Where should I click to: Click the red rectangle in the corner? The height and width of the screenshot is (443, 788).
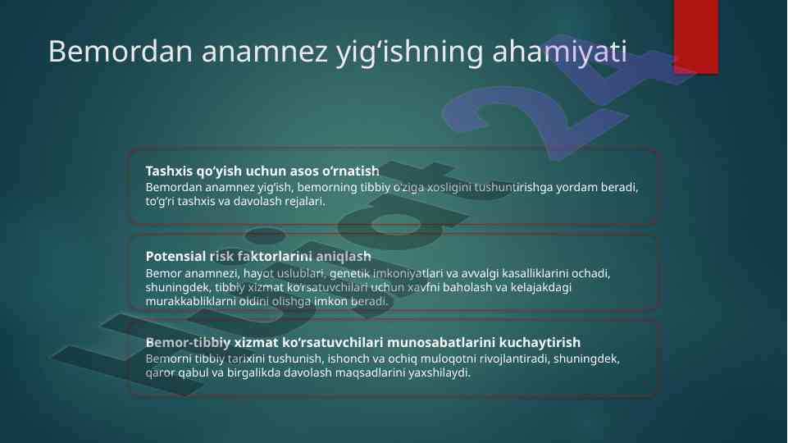pyautogui.click(x=695, y=37)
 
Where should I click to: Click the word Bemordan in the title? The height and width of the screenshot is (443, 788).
pyautogui.click(x=120, y=51)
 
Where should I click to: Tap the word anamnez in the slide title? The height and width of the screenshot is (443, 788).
pyautogui.click(x=264, y=52)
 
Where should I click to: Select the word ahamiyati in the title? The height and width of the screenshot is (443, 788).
pyautogui.click(x=560, y=51)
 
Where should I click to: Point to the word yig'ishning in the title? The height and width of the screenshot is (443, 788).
pyautogui.click(x=409, y=53)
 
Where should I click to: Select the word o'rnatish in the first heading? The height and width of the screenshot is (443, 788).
pyautogui.click(x=351, y=171)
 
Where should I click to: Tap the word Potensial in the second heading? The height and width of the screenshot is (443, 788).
pyautogui.click(x=176, y=257)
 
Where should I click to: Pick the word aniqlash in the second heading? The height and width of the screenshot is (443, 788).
pyautogui.click(x=344, y=257)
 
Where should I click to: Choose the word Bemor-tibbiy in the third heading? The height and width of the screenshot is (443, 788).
pyautogui.click(x=188, y=342)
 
